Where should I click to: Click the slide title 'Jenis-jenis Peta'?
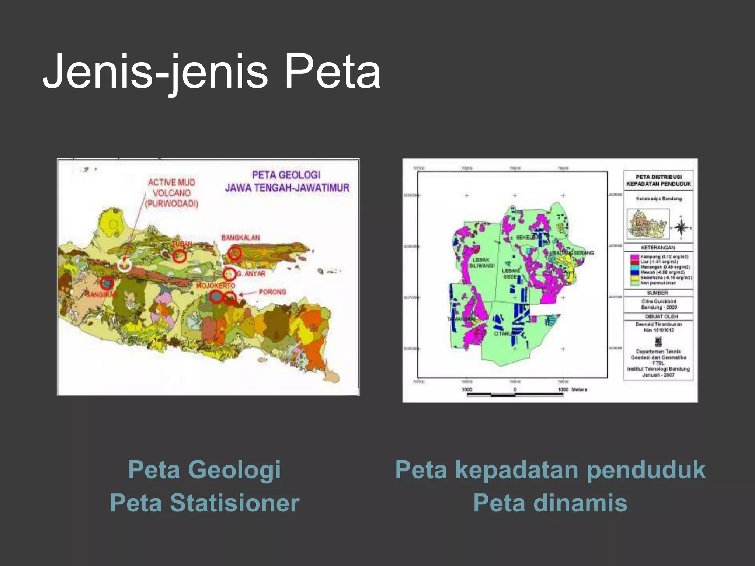click(x=212, y=71)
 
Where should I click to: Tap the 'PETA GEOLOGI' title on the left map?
click(x=286, y=175)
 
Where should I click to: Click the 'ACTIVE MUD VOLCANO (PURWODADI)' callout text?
click(x=171, y=193)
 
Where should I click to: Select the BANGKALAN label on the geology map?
click(x=240, y=238)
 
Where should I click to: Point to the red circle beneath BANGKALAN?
click(x=234, y=253)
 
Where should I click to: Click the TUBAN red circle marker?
click(x=180, y=255)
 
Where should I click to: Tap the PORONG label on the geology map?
click(x=272, y=292)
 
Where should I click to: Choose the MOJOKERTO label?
click(x=216, y=286)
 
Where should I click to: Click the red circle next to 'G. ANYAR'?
click(x=229, y=274)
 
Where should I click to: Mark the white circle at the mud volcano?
click(x=125, y=264)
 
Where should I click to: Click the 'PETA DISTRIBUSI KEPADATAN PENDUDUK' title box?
click(x=658, y=180)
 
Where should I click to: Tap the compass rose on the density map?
click(x=681, y=227)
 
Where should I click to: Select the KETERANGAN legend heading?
click(x=658, y=248)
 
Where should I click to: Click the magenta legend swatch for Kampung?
click(x=635, y=257)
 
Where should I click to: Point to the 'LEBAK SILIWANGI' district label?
click(x=481, y=263)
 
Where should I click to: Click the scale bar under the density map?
click(x=515, y=395)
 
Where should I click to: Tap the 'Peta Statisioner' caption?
click(x=205, y=503)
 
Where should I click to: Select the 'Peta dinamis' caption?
click(x=550, y=503)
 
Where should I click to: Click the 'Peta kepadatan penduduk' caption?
click(x=550, y=470)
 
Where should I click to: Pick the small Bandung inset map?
click(x=648, y=224)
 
